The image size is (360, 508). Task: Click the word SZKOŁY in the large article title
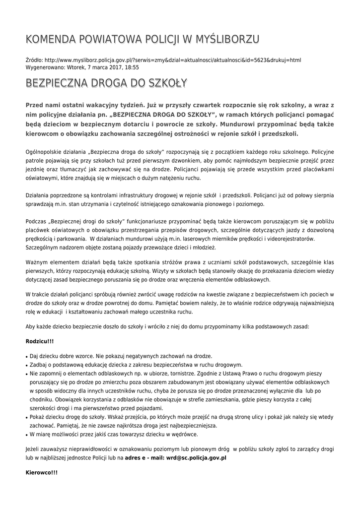[x=166, y=83]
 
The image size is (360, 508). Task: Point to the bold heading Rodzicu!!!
[x=40, y=342]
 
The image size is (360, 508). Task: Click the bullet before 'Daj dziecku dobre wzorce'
[x=26, y=356]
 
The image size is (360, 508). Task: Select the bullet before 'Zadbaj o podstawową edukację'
[x=26, y=365]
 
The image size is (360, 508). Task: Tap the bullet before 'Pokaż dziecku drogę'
[x=26, y=418]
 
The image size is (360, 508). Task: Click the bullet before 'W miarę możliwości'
[x=26, y=435]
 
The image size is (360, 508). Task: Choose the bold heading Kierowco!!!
[x=41, y=473]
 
